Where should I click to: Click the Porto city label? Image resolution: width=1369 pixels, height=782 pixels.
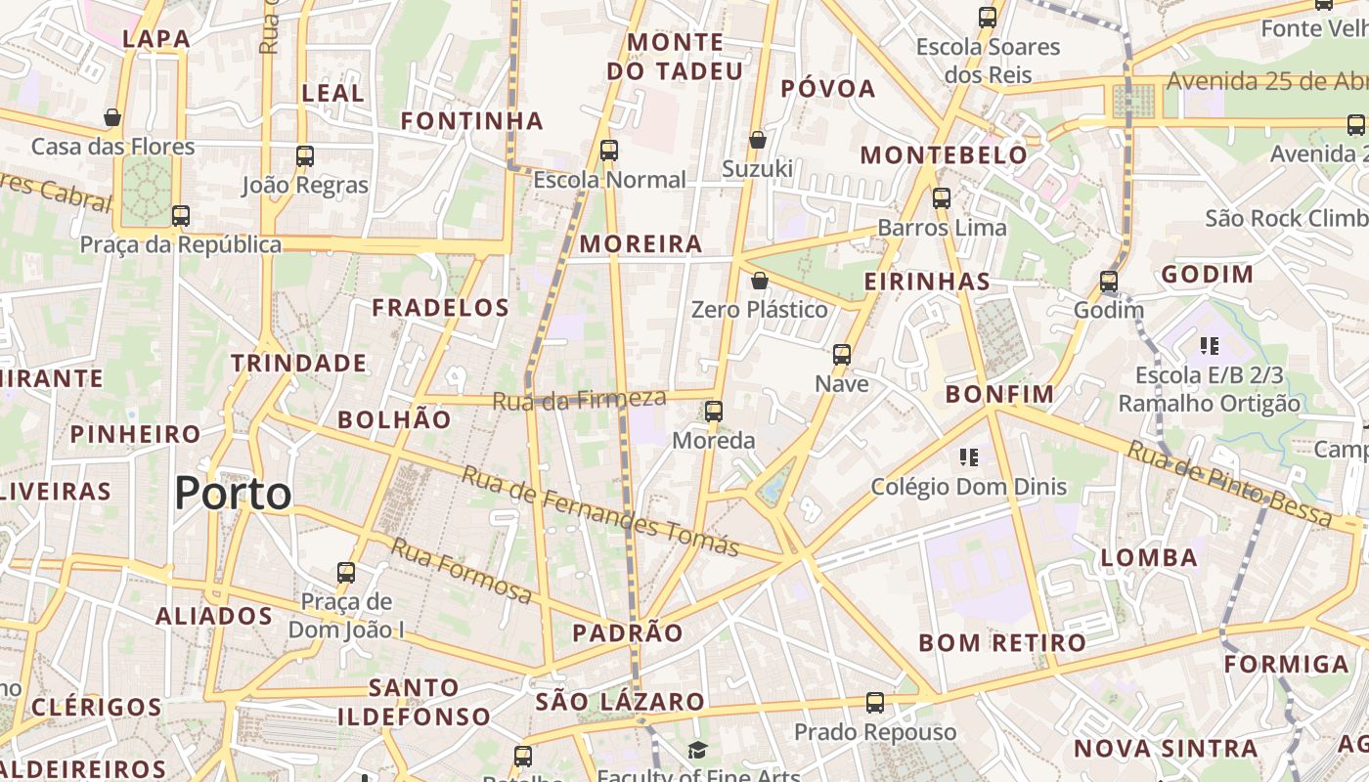tap(233, 494)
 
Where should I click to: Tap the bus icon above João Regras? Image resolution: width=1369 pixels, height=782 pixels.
tap(305, 155)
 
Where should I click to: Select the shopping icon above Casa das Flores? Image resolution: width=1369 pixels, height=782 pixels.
tap(112, 117)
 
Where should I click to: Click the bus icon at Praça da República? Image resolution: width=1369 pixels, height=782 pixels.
tap(180, 216)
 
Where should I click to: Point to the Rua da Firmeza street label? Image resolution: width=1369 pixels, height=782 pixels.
tap(579, 400)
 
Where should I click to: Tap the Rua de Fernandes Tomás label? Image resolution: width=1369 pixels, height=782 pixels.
tap(599, 511)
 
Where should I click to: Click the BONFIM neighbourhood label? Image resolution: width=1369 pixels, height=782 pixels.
tap(999, 395)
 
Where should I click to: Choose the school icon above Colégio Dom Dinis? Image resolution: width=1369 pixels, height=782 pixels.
tap(969, 456)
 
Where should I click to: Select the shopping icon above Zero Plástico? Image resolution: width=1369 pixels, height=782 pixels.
tap(759, 281)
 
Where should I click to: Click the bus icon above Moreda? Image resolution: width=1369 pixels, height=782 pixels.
tap(714, 411)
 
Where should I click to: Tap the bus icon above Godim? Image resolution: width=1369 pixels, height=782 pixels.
tap(1108, 281)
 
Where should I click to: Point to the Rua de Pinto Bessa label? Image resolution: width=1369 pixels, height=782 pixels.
tap(1229, 485)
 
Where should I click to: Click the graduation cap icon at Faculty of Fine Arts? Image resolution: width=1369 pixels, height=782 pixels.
tap(697, 750)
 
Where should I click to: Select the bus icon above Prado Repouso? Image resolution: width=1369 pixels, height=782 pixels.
tap(875, 702)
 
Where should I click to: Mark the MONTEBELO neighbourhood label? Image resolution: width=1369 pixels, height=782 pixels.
tap(944, 155)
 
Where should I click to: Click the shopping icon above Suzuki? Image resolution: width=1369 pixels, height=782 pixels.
tap(757, 140)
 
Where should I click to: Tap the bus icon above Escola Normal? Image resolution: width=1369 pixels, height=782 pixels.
tap(609, 150)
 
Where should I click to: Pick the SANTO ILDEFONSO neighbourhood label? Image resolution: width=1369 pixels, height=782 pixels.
tap(415, 702)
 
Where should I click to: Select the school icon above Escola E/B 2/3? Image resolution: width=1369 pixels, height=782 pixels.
tap(1210, 345)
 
